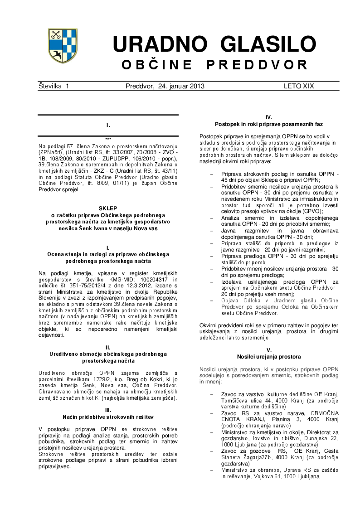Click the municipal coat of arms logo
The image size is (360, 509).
point(62,46)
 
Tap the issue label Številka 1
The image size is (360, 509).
point(54,86)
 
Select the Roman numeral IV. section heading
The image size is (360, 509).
point(269,117)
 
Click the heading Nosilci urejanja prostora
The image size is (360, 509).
point(269,357)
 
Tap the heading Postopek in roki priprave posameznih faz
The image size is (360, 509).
point(269,124)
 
